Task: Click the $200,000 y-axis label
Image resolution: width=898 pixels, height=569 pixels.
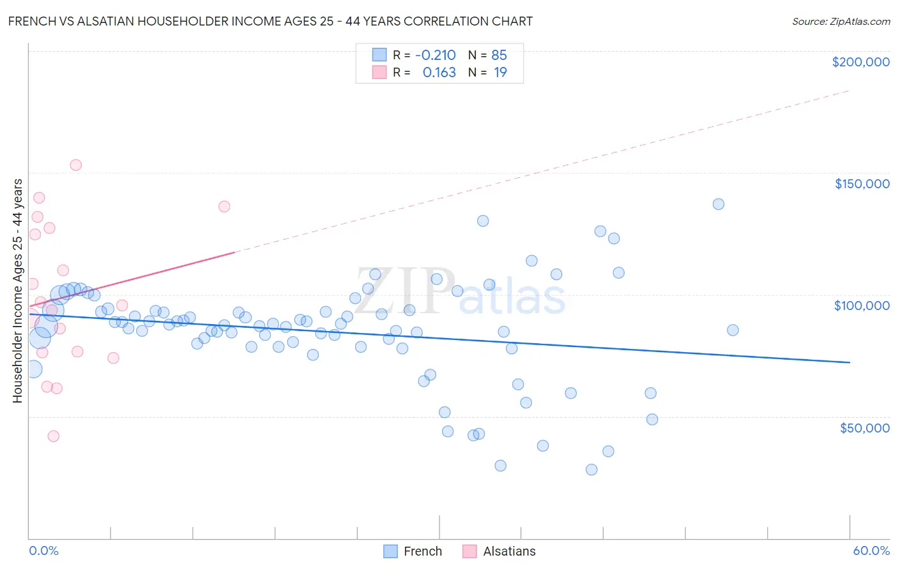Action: coord(860,62)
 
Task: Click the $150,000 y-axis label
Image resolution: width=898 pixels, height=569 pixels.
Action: coord(862,184)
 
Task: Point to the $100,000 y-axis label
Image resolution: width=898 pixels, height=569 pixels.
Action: coord(862,306)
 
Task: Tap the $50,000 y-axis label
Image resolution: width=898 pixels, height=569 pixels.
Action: coord(864,427)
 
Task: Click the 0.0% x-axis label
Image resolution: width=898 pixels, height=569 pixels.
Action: coord(43,551)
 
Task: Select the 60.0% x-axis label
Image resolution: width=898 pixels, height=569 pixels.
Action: coord(871,551)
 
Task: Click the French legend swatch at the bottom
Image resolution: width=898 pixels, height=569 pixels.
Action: coord(391,551)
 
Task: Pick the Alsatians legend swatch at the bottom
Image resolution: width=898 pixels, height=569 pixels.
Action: coord(469,551)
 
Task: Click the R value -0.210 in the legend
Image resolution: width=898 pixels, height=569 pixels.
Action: coord(435,55)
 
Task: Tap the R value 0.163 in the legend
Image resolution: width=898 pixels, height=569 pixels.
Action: coord(439,73)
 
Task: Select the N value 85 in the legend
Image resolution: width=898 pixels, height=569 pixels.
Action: coord(499,55)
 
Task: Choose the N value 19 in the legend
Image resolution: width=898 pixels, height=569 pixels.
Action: coord(500,73)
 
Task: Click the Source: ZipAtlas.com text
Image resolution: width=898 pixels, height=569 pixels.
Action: coord(841,22)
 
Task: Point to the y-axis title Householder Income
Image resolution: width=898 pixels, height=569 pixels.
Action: coord(17,290)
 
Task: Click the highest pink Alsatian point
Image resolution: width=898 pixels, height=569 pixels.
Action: coord(75,165)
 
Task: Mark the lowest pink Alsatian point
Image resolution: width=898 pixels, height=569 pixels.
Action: coord(54,436)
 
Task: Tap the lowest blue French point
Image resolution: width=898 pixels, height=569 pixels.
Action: coord(591,469)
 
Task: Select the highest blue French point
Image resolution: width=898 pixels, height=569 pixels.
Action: coord(719,204)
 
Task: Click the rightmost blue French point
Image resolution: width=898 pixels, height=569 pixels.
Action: coord(733,330)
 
